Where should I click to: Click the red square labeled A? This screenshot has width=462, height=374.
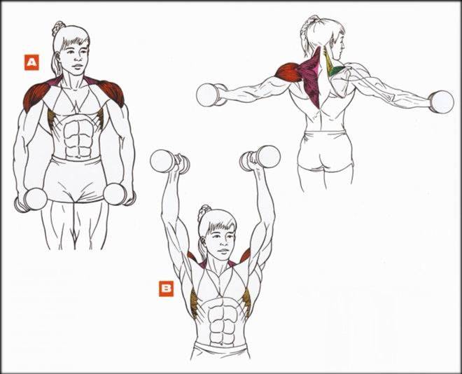(31, 62)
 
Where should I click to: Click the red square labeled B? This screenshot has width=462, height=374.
(166, 289)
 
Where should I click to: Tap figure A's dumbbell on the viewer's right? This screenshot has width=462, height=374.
(119, 195)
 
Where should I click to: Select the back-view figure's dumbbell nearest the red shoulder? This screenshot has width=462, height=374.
(211, 95)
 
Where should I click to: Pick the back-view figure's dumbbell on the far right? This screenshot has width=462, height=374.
(441, 102)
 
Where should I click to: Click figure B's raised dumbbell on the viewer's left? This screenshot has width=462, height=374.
(169, 162)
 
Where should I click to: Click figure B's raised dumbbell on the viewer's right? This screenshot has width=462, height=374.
(260, 158)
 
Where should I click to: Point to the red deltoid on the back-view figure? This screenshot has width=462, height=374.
(289, 72)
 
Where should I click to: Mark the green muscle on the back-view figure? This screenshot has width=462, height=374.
(338, 71)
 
